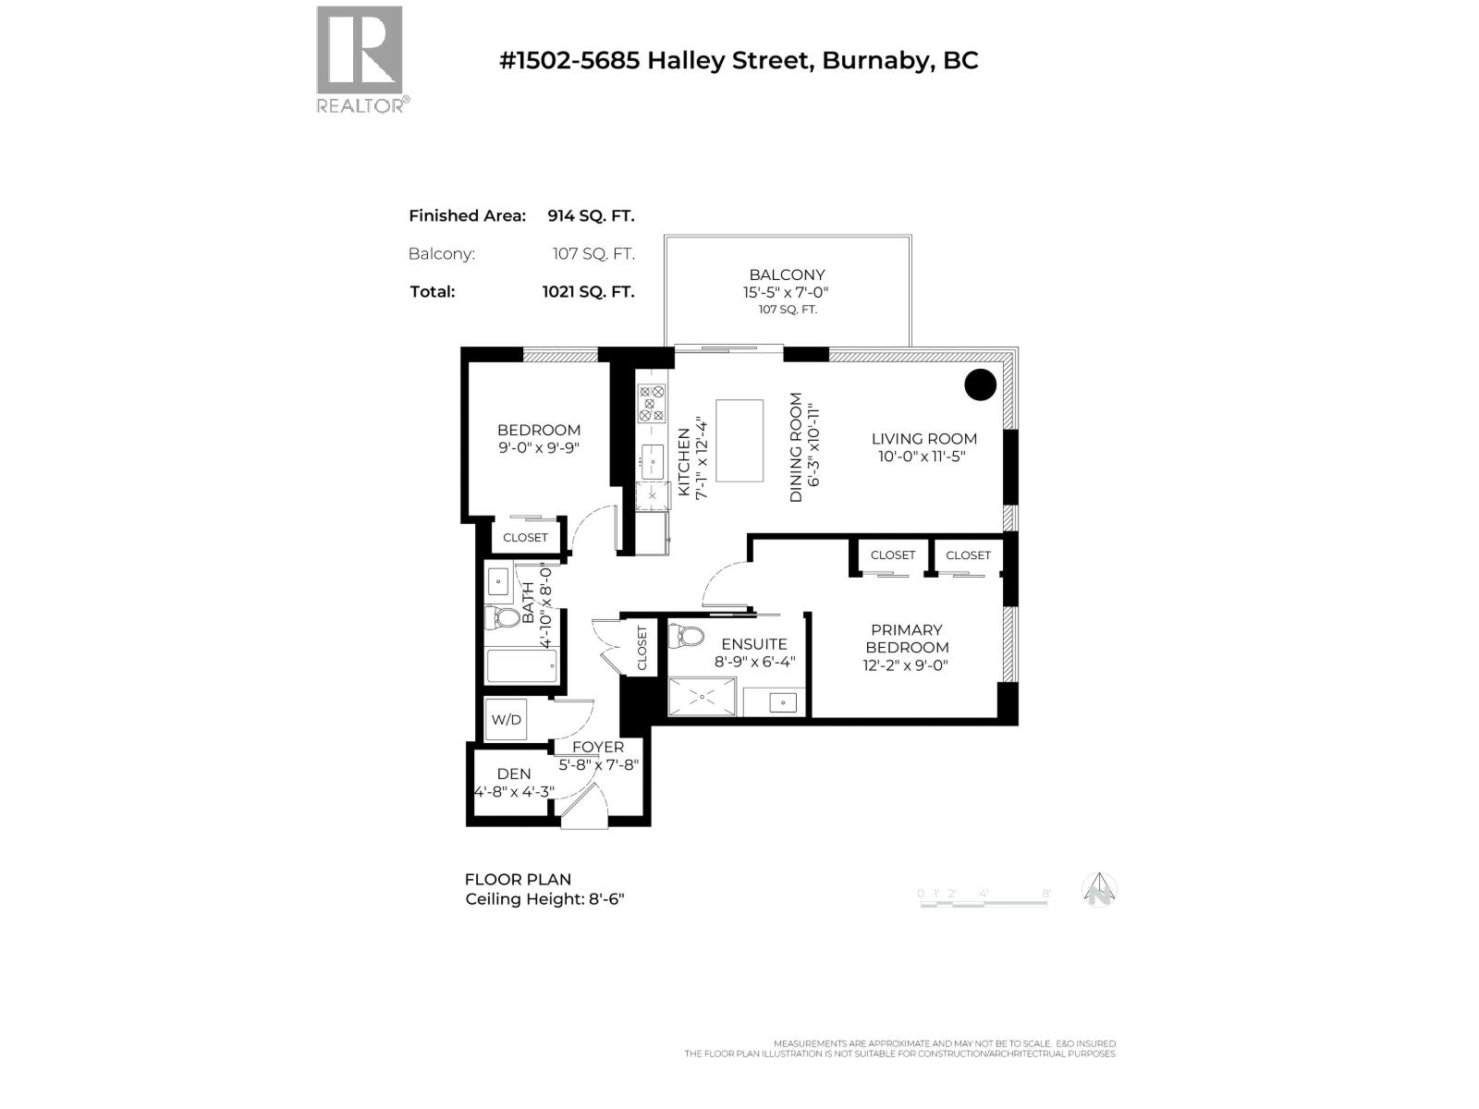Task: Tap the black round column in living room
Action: click(980, 384)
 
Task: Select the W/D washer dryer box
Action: click(506, 720)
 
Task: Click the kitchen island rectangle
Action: click(739, 441)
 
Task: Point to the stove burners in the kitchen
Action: click(652, 404)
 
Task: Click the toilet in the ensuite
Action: click(686, 636)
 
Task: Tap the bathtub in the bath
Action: click(522, 665)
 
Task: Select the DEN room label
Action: click(514, 774)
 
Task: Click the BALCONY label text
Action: click(787, 275)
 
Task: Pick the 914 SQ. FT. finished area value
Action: click(591, 216)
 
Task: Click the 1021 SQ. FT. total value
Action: click(588, 292)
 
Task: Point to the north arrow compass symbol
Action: click(1099, 891)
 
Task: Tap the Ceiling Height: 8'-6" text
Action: click(544, 899)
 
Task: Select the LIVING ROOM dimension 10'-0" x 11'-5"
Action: click(923, 457)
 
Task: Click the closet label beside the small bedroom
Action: click(525, 538)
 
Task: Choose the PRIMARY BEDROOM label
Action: click(907, 639)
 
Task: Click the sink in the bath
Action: click(499, 583)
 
